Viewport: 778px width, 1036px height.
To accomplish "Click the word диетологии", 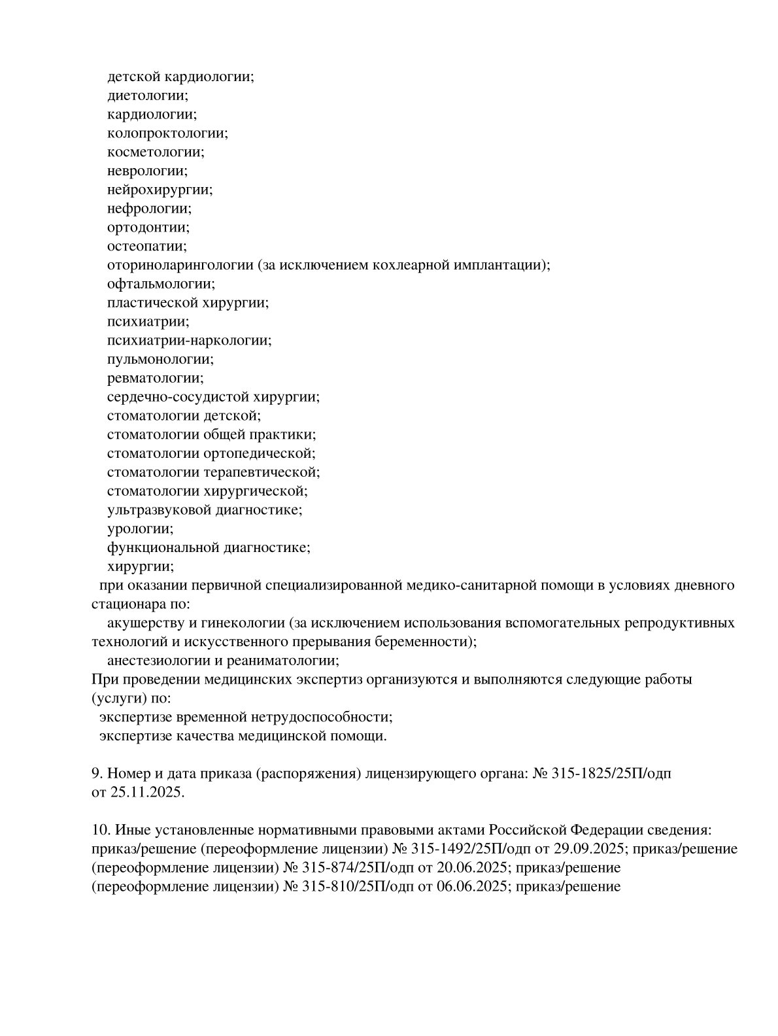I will tap(146, 95).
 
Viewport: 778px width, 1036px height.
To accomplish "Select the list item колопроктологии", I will tap(167, 133).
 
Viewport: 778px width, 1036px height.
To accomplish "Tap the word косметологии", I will tap(155, 152).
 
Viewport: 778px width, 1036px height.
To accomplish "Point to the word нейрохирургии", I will tap(160, 190).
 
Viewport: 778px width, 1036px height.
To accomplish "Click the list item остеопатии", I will tap(146, 247).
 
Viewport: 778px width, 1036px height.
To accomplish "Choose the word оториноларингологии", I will tap(180, 266).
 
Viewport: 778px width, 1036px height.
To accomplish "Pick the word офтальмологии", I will tap(160, 284).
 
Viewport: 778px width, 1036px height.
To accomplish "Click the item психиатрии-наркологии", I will tap(189, 341).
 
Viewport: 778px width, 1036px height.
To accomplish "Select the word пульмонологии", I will tap(160, 359).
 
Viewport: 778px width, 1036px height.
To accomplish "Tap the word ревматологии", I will tap(155, 378).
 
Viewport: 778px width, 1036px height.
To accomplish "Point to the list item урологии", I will tap(139, 528).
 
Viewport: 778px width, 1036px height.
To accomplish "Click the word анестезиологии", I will tap(157, 660).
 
